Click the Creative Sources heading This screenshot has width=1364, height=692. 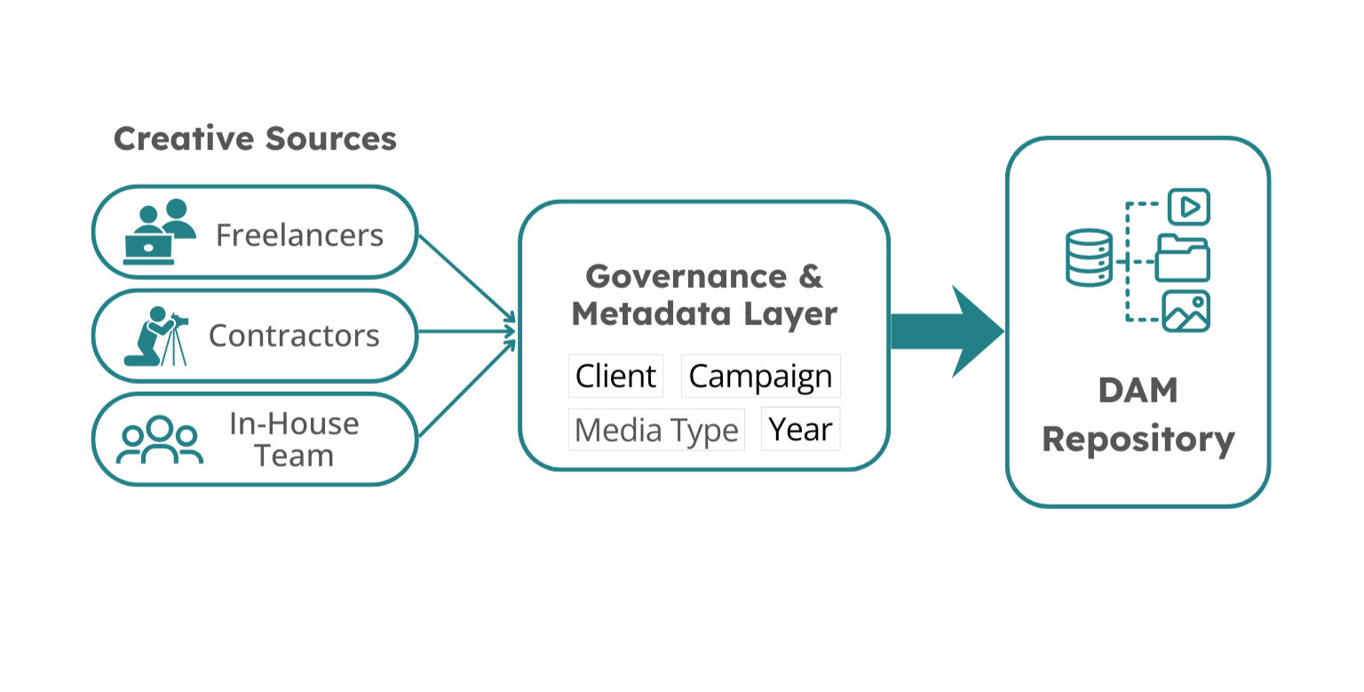click(255, 139)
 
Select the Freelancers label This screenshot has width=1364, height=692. click(299, 235)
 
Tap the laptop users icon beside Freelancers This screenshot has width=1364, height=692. click(158, 233)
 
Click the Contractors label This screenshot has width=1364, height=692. click(294, 336)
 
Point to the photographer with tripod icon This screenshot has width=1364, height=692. click(156, 337)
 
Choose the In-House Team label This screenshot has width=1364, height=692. click(294, 439)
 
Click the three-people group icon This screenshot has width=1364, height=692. click(160, 440)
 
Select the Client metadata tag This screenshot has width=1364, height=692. click(615, 376)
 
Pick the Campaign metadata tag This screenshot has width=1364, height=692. click(760, 376)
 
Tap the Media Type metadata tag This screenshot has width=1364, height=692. click(656, 430)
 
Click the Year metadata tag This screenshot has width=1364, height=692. click(800, 429)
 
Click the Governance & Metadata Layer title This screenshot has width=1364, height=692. click(704, 295)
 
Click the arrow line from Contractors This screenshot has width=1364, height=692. click(465, 332)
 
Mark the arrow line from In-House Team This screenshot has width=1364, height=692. click(465, 388)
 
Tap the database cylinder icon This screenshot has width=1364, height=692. click(1089, 258)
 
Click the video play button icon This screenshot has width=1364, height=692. click(1188, 207)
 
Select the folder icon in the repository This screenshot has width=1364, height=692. click(1183, 259)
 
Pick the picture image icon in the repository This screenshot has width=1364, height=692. click(1186, 312)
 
